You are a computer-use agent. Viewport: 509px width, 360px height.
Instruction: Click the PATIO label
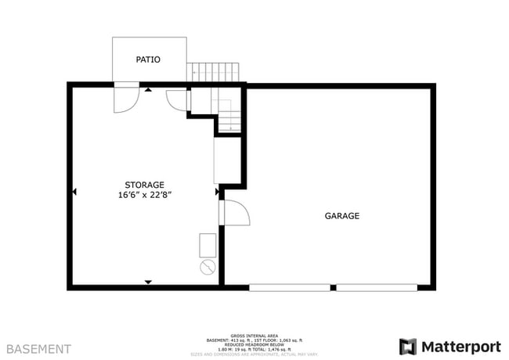tap(148, 59)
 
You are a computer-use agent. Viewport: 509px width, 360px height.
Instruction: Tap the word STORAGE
tap(144, 185)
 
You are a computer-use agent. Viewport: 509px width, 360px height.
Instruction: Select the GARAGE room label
tap(342, 216)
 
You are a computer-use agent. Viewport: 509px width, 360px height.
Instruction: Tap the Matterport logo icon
tap(408, 346)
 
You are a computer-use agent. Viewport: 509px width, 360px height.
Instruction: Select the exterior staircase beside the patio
tap(215, 72)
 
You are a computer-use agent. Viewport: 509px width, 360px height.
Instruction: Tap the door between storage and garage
tap(234, 214)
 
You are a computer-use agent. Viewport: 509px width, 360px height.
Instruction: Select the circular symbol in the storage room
tap(208, 268)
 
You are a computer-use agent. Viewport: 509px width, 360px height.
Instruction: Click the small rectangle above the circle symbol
tap(208, 245)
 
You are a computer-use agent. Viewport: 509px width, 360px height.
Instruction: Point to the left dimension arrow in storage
tap(74, 190)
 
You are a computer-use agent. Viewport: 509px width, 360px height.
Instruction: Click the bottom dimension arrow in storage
tap(147, 282)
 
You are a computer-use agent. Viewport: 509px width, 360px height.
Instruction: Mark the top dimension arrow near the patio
tap(148, 90)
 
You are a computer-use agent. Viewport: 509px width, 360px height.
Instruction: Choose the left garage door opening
tap(290, 288)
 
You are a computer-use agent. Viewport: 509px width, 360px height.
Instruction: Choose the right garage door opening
tap(377, 288)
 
